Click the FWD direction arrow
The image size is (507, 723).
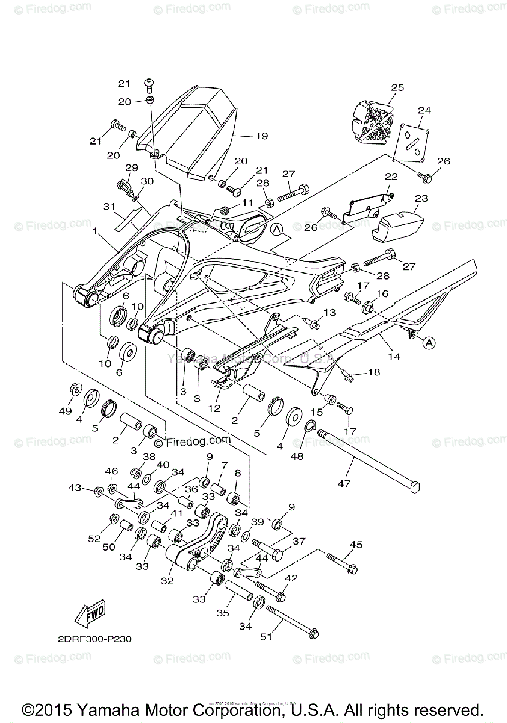click(89, 615)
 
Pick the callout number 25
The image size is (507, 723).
click(397, 88)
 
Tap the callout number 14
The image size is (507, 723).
click(394, 357)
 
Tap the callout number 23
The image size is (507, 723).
click(421, 197)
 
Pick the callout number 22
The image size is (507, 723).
click(392, 177)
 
